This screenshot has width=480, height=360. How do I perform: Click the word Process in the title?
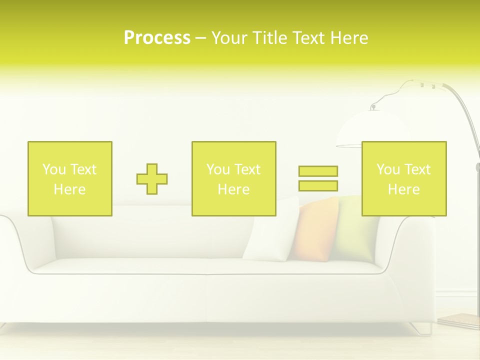[x=157, y=38]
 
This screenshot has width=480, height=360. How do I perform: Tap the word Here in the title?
[x=348, y=38]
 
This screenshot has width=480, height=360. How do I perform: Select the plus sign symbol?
[x=152, y=179]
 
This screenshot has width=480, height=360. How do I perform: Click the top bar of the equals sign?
[x=318, y=171]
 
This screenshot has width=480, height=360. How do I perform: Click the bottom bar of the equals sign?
[x=318, y=185]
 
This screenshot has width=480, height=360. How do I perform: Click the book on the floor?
[x=459, y=320]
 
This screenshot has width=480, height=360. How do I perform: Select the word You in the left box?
[x=54, y=169]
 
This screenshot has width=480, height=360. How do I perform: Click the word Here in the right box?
[x=404, y=189]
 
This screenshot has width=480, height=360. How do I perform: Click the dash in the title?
[x=201, y=38]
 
